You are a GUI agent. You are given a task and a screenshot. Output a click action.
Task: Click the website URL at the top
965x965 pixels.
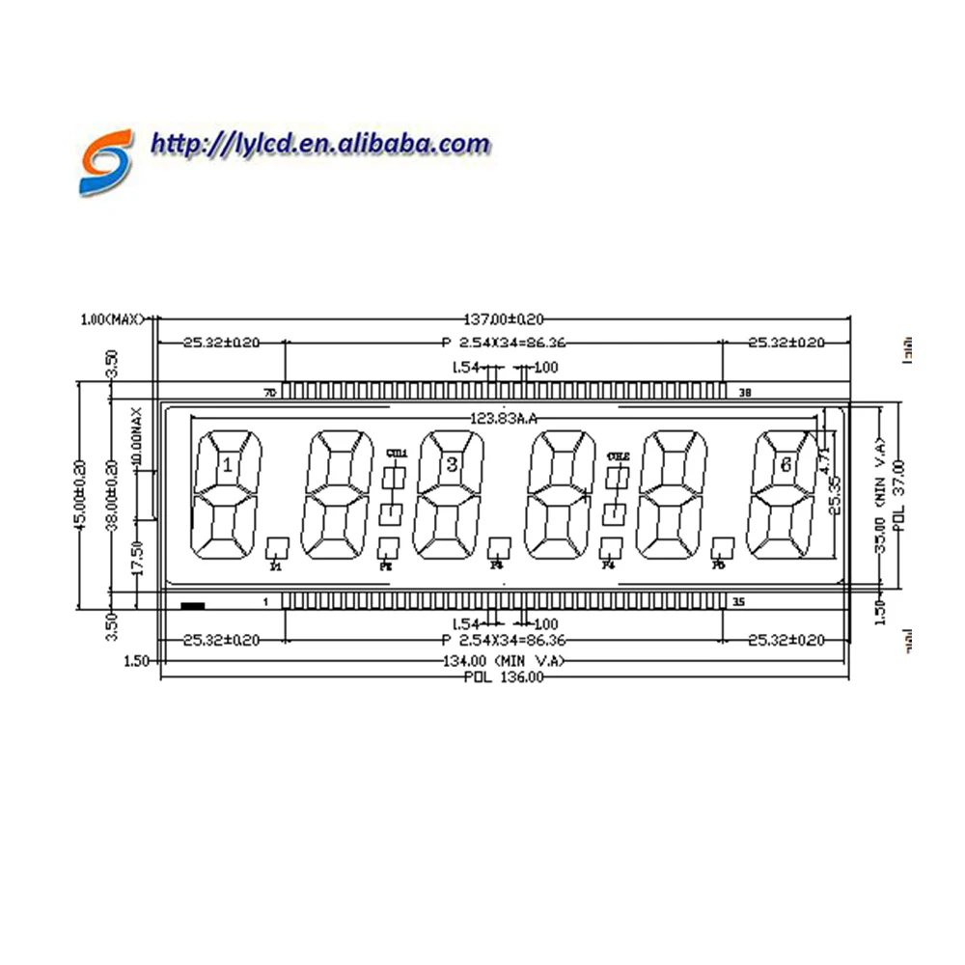click(320, 145)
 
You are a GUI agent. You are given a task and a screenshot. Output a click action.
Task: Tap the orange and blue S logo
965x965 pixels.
click(104, 162)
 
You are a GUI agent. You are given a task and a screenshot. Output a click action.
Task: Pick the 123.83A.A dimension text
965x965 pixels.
click(503, 418)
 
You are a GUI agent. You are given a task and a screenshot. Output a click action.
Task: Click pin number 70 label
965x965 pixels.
click(270, 393)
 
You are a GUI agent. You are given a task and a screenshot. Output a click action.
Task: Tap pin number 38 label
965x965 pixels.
click(744, 393)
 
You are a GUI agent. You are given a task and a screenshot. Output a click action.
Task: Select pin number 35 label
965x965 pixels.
click(739, 602)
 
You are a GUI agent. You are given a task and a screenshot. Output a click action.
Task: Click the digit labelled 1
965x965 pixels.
click(228, 466)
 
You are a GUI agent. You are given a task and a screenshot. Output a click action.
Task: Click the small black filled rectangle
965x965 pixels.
click(193, 606)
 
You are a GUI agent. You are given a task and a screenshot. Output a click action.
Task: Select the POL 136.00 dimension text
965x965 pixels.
click(504, 677)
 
